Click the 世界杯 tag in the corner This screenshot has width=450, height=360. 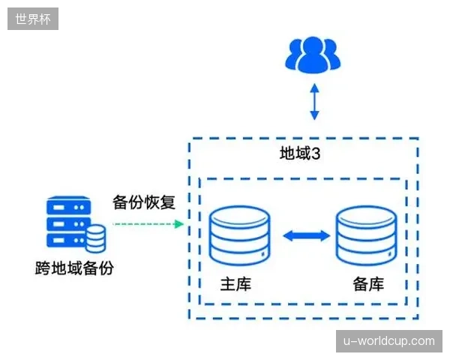tap(33, 19)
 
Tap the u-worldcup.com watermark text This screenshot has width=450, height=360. tap(388, 341)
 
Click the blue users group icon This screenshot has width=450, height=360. tap(313, 55)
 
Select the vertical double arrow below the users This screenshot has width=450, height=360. tap(314, 102)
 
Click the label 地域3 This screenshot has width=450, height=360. tap(300, 153)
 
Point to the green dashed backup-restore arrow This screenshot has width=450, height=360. tap(148, 224)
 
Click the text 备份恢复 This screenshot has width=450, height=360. tap(144, 202)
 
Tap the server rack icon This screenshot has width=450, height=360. tap(76, 225)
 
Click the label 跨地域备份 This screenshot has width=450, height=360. tap(74, 268)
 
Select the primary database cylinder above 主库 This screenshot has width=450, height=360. tap(240, 235)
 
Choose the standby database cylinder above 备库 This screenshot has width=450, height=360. tap(367, 235)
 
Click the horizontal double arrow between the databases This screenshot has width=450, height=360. tap(307, 236)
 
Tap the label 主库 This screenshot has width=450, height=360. tap(235, 284)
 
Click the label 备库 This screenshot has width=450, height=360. tap(368, 284)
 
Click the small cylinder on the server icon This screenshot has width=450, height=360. tap(96, 239)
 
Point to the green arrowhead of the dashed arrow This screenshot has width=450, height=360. tap(179, 224)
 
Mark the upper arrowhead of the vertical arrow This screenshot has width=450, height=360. tap(314, 88)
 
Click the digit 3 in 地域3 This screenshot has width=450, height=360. tap(316, 154)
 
